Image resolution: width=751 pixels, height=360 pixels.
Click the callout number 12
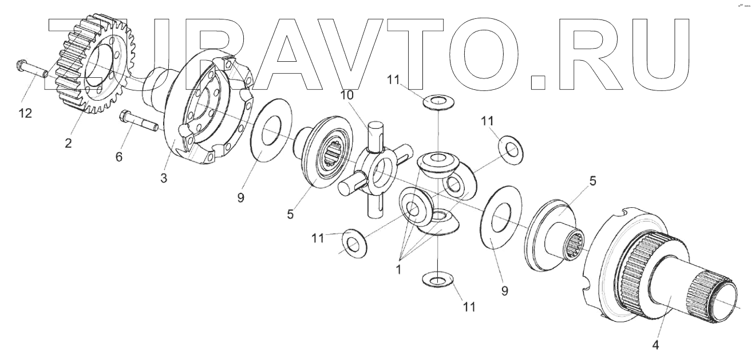click(x=25, y=113)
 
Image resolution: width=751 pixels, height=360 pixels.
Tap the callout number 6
click(x=119, y=157)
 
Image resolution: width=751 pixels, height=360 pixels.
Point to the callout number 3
click(x=164, y=177)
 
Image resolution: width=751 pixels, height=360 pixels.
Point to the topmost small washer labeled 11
click(x=438, y=102)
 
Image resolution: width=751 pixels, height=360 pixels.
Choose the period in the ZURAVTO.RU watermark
click(x=539, y=80)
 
